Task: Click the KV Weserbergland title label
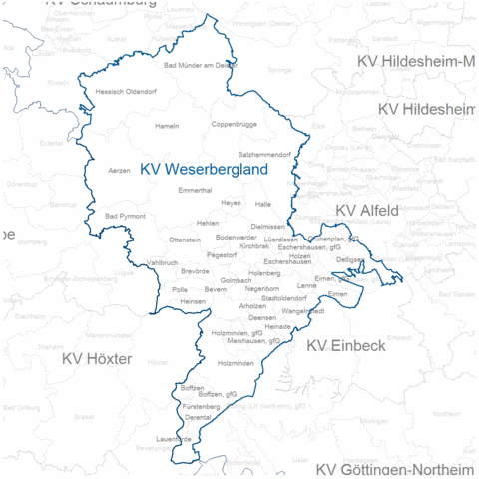tap(205, 171)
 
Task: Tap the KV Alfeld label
tap(367, 211)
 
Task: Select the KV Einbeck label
tap(345, 345)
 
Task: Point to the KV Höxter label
tap(97, 357)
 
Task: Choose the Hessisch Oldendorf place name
tap(126, 92)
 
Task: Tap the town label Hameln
tap(167, 126)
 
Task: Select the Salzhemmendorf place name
tap(264, 155)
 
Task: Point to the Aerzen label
tap(119, 171)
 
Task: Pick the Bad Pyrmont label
tap(125, 216)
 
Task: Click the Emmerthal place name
tap(194, 189)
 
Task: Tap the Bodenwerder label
tap(236, 237)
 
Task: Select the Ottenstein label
tap(185, 239)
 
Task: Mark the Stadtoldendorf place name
tap(279, 297)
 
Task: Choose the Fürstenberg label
tap(201, 407)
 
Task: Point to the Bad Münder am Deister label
tap(199, 65)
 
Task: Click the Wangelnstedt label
tap(303, 311)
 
